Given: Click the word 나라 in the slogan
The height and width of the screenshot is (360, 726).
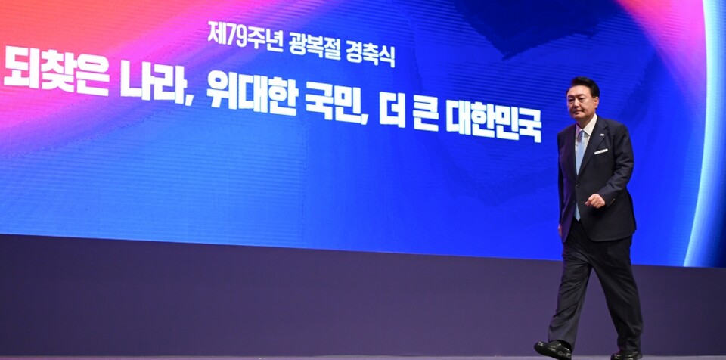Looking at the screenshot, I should pyautogui.click(x=152, y=82).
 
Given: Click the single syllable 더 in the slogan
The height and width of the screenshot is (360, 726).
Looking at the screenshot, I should pyautogui.click(x=392, y=111).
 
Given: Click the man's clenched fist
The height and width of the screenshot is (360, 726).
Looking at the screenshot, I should pyautogui.click(x=594, y=201).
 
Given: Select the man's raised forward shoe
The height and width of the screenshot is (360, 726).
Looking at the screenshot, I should pyautogui.click(x=553, y=349).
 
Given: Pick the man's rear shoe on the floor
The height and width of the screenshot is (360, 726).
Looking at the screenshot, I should pyautogui.click(x=627, y=354).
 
